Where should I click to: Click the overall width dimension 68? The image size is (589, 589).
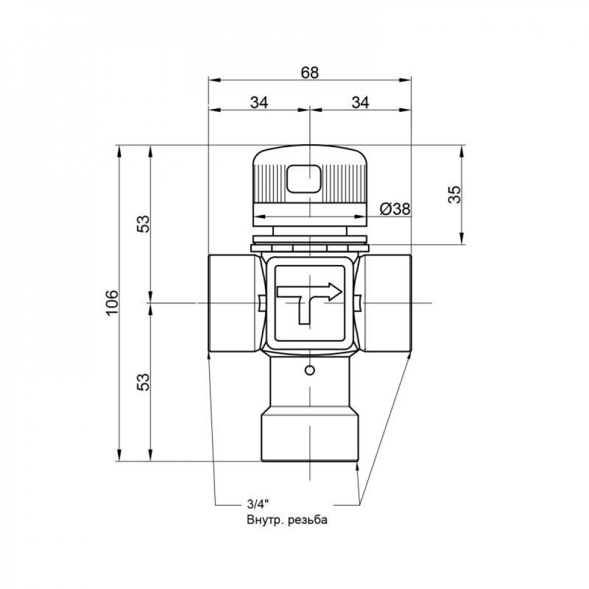point(310,72)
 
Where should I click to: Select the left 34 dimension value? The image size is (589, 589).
point(259,102)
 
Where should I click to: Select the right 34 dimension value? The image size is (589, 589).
point(360,102)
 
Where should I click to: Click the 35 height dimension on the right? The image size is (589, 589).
point(454,194)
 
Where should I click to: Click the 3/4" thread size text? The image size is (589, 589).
point(257,504)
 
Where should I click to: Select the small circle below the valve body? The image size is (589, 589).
point(310,370)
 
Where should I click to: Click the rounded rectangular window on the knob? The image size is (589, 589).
point(303,178)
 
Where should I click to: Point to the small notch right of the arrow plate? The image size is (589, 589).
point(359,303)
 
